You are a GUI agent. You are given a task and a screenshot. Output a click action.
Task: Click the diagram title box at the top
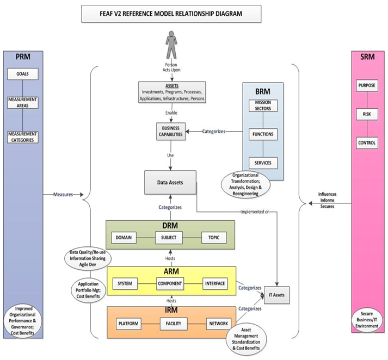tap(170, 14)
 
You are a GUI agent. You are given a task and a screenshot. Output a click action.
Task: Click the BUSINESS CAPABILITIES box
tap(170, 131)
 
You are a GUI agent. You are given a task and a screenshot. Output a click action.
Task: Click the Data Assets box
tap(170, 183)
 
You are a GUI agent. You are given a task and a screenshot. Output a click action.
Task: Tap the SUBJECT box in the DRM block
tap(169, 238)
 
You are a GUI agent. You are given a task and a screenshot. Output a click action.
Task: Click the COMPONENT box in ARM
tap(169, 283)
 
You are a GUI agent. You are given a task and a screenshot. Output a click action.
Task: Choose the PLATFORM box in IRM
tap(128, 324)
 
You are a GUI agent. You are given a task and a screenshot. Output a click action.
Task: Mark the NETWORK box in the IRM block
tap(218, 324)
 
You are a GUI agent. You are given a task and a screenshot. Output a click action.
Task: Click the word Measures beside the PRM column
tap(63, 194)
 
